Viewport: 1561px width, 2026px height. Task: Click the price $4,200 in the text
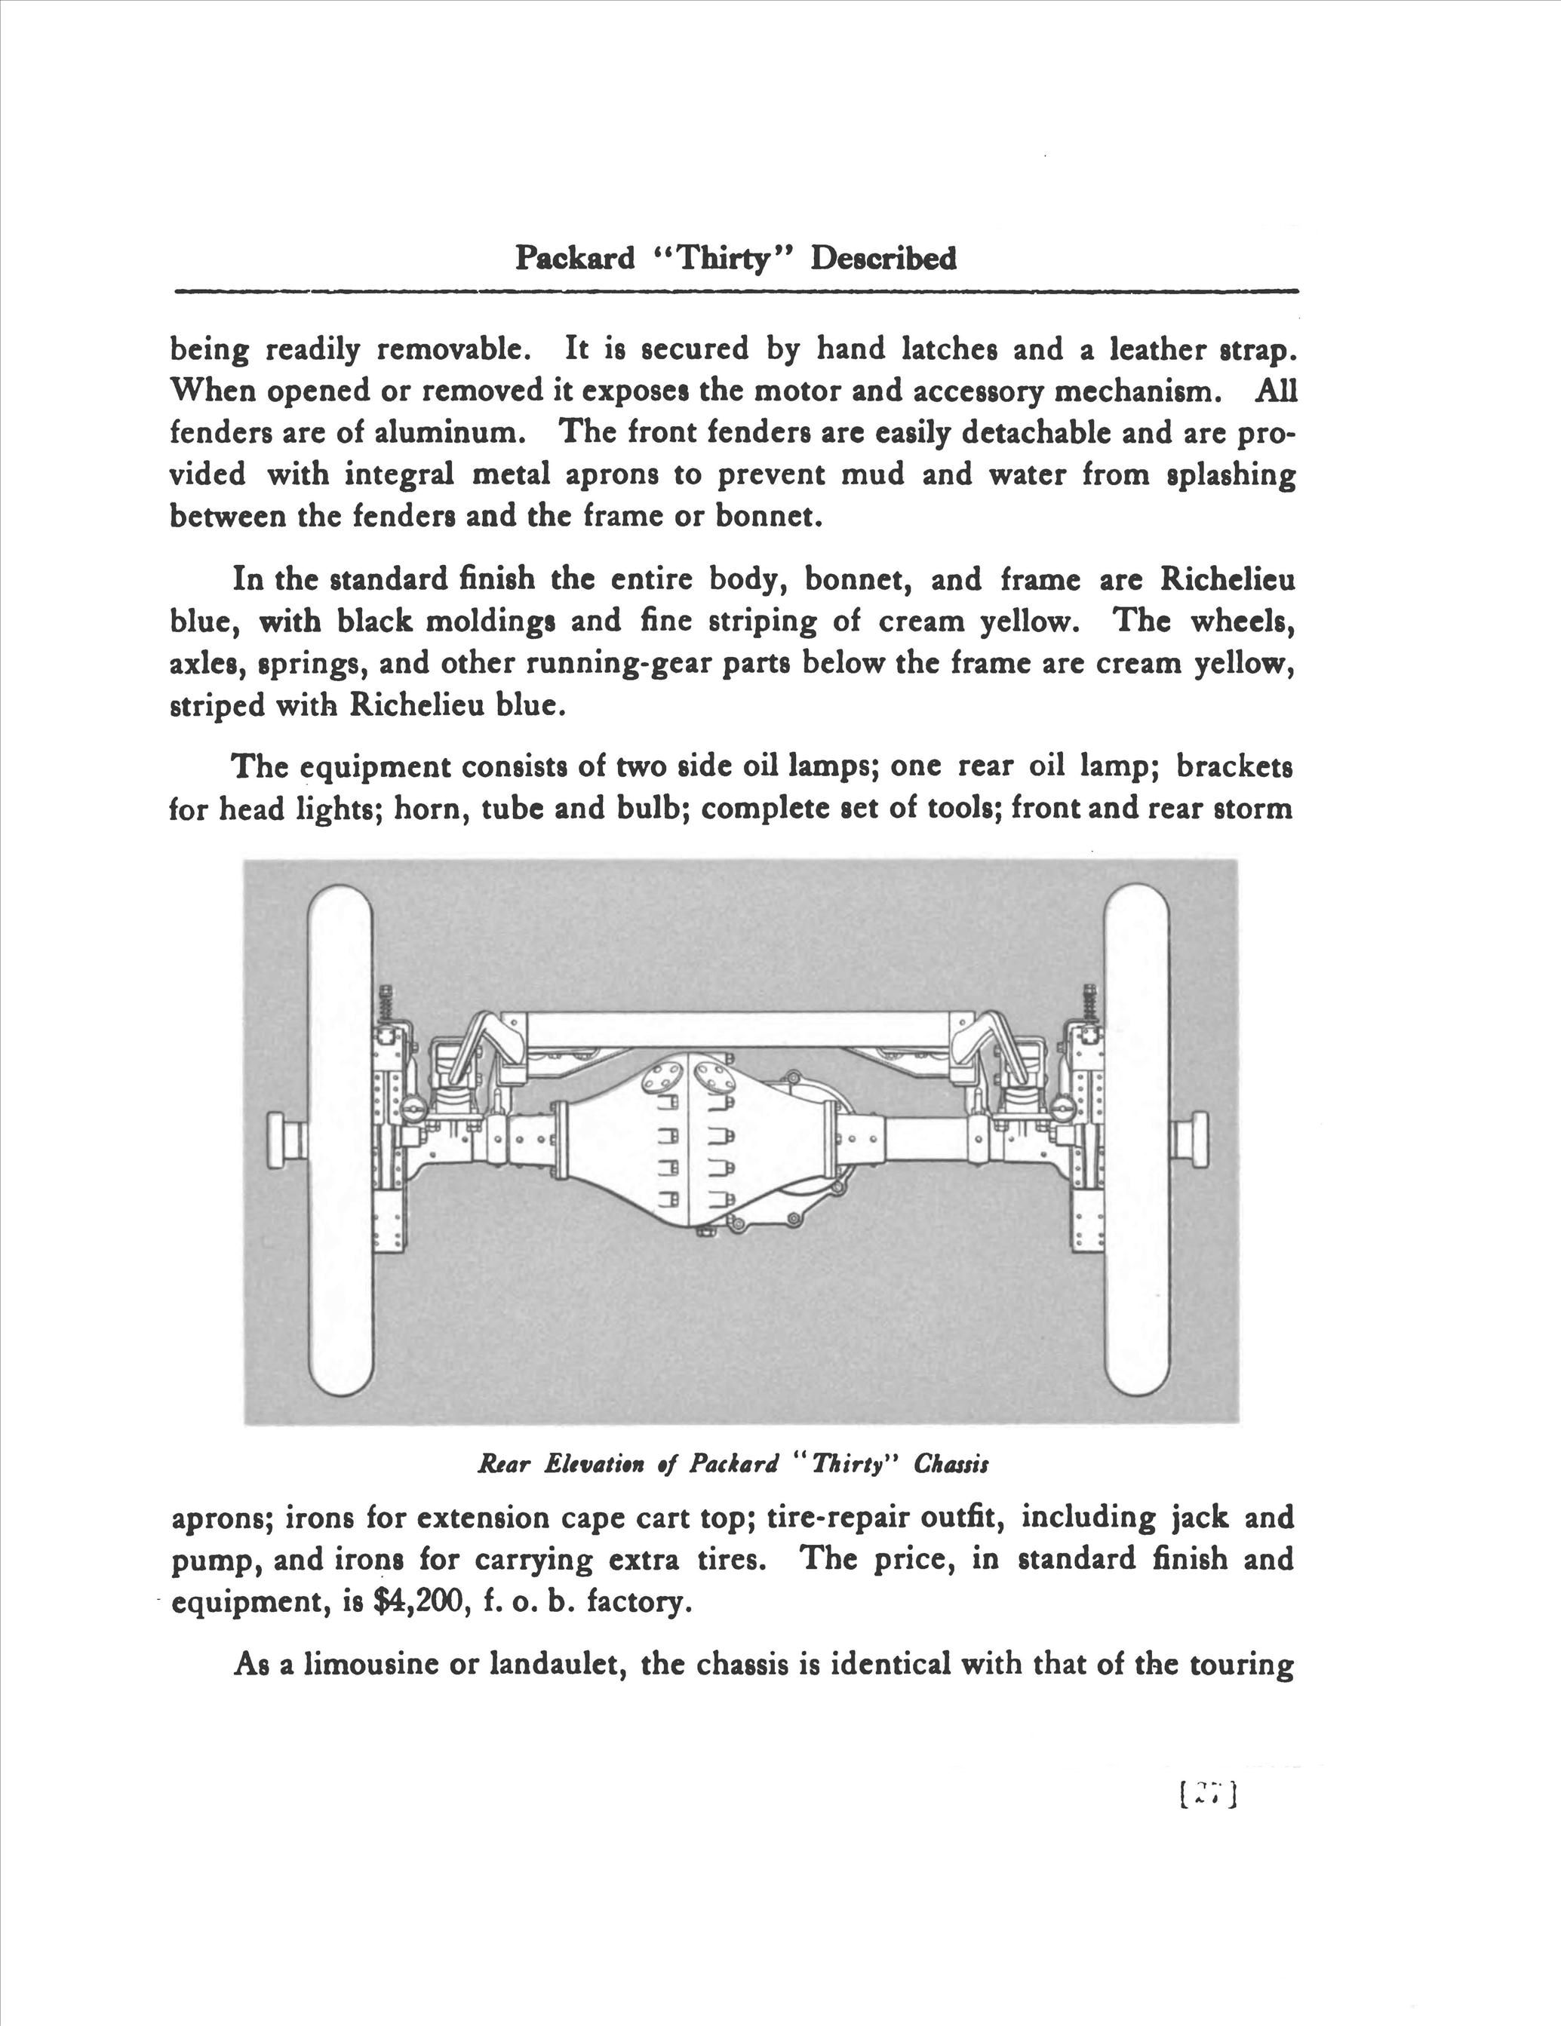click(416, 1602)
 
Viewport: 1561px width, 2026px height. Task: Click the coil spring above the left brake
click(384, 1002)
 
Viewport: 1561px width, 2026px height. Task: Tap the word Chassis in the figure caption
click(951, 1464)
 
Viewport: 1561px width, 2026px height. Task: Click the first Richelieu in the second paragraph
click(1227, 580)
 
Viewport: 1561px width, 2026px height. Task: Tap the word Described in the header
click(883, 257)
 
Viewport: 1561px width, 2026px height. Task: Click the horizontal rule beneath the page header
click(735, 291)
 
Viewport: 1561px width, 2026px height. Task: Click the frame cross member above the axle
click(738, 1030)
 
